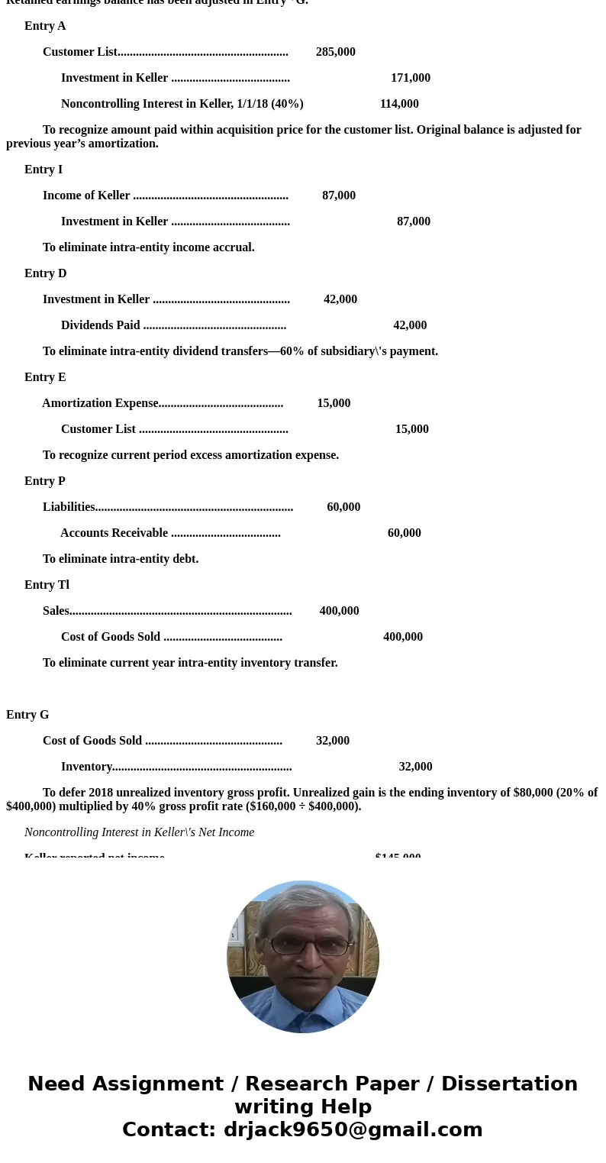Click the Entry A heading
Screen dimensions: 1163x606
(45, 26)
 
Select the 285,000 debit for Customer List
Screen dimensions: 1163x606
(335, 52)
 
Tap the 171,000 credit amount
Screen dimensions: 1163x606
(410, 78)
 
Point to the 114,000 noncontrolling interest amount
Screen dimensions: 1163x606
(398, 104)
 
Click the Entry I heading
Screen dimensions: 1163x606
(44, 170)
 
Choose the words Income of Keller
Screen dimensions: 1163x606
(86, 195)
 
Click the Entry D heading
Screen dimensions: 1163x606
(45, 273)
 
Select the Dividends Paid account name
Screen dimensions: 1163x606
(100, 325)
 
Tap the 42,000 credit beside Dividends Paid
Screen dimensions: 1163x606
(410, 325)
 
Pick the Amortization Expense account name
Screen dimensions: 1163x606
(100, 403)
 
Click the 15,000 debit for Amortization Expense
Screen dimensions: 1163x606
(334, 403)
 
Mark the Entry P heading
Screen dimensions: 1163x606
(45, 481)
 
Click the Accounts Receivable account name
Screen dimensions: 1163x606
(114, 533)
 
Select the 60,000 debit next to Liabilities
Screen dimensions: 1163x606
(343, 507)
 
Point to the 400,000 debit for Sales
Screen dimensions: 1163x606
(339, 611)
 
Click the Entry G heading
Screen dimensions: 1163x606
(27, 715)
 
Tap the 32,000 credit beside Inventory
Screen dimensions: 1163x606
(415, 767)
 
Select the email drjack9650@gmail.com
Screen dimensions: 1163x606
(353, 1130)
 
